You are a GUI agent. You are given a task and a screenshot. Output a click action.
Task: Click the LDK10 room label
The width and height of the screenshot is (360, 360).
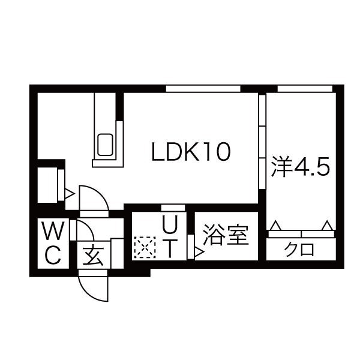191,152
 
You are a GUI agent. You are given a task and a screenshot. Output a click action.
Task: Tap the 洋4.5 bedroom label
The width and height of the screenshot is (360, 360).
301,166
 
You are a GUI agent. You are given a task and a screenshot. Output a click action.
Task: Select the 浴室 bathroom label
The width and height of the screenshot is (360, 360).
226,235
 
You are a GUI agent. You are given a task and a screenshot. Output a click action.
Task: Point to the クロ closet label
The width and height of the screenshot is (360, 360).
299,250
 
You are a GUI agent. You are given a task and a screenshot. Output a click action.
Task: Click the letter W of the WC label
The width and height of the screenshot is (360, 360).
53,230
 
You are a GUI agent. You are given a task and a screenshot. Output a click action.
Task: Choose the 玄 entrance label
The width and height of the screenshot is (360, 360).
94,256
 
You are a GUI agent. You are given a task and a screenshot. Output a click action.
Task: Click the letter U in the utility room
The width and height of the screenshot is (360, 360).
170,225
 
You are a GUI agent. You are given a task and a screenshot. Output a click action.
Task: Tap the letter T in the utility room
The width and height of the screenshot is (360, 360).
170,248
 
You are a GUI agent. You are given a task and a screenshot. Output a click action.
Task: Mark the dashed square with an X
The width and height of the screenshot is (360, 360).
145,247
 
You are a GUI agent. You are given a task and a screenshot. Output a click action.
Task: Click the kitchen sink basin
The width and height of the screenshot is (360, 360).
105,145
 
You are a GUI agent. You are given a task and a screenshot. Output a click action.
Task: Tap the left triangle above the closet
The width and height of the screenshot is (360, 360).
275,226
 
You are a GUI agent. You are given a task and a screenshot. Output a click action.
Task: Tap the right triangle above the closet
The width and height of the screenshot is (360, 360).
327,226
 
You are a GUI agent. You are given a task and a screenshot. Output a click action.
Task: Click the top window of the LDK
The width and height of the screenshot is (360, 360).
203,89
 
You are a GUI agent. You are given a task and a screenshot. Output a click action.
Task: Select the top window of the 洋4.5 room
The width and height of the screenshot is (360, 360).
305,89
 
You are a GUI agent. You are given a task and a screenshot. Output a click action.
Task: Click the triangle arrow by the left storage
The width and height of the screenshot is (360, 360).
70,194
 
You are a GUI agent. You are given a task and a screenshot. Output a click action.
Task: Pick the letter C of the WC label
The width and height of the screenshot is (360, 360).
53,255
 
